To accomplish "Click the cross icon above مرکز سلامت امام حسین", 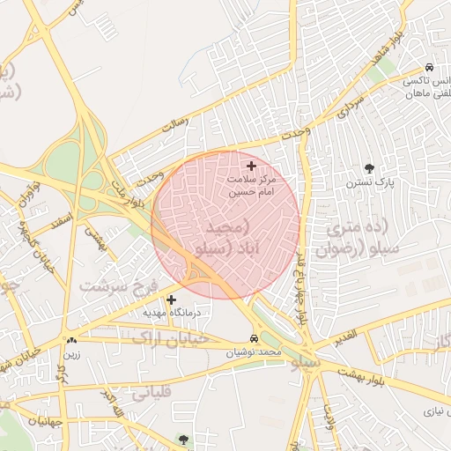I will pyautogui.click(x=251, y=166).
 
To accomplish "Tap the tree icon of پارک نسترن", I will pyautogui.click(x=368, y=168).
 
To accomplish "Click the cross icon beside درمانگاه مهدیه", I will pyautogui.click(x=171, y=299).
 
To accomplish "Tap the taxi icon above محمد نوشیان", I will pyautogui.click(x=255, y=338).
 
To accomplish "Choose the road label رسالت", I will pyautogui.click(x=175, y=128).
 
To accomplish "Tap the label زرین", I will pyautogui.click(x=71, y=355).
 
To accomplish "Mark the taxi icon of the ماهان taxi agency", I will pyautogui.click(x=428, y=67).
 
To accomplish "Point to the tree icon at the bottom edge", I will pyautogui.click(x=183, y=439).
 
